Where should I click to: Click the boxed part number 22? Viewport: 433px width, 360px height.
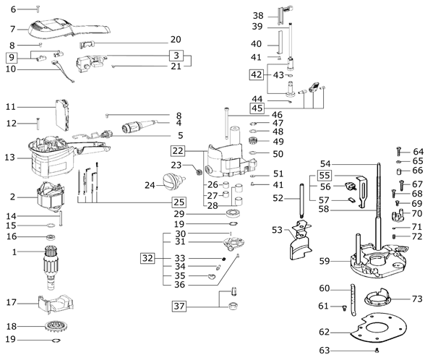coord(178,151)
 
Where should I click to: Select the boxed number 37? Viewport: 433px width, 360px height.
coord(179,307)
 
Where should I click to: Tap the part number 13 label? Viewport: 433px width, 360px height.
coord(9,158)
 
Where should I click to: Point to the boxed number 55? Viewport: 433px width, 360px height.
coord(325,176)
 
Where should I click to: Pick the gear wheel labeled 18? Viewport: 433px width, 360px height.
coord(56,327)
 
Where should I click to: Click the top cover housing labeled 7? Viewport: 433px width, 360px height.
coord(69,29)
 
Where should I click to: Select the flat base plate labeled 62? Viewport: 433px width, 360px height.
coord(379,328)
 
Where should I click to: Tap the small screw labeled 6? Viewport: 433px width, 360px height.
coord(38,9)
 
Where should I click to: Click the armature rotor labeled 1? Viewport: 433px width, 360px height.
coord(51,267)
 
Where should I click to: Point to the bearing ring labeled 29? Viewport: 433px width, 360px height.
coord(233,213)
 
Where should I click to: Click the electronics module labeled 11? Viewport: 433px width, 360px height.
coord(62,115)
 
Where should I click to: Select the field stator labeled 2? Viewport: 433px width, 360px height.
coord(51,197)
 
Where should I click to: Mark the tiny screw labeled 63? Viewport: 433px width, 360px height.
coord(377,351)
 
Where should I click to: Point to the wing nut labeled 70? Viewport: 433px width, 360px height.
coord(398,215)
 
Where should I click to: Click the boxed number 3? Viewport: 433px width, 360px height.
coord(176,56)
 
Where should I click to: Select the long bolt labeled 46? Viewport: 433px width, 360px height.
coord(226,122)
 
